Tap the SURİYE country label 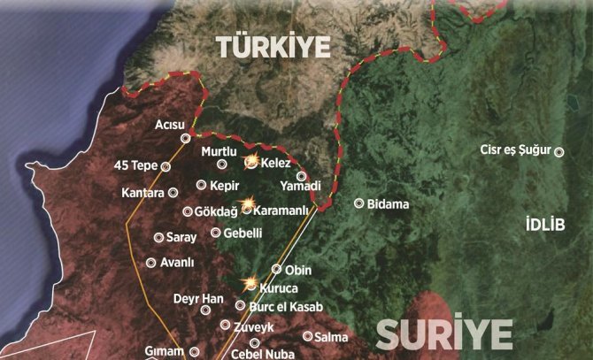(x=445, y=335)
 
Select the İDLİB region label (x=543, y=223)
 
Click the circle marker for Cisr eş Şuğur (x=559, y=151)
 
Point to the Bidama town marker (x=358, y=203)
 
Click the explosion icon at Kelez (x=251, y=162)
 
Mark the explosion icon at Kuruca (x=250, y=285)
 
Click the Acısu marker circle (x=186, y=138)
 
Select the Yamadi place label (x=299, y=187)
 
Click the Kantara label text (x=143, y=192)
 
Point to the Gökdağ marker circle (x=187, y=212)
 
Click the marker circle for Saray (x=159, y=238)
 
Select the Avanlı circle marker (x=150, y=263)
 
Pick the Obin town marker (x=276, y=269)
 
